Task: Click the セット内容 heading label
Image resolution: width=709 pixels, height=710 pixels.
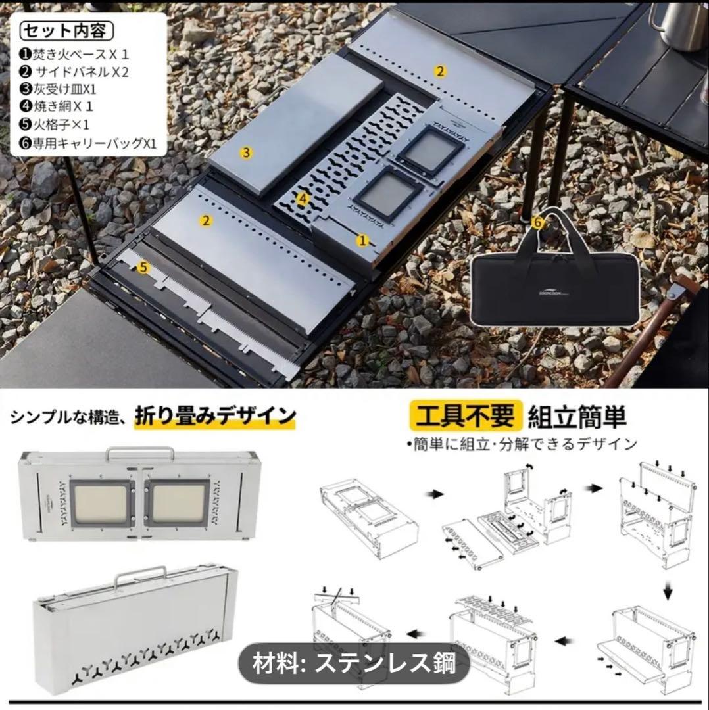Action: (66, 30)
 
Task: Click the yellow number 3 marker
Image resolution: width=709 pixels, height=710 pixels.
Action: (246, 153)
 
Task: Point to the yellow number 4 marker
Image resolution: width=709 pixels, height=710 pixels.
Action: (303, 197)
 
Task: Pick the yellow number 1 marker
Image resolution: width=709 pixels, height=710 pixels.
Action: (362, 241)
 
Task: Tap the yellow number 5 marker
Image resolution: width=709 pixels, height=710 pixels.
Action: (144, 266)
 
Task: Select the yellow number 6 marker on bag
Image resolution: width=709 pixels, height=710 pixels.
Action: (538, 222)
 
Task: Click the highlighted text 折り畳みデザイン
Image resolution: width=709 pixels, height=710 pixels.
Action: (215, 415)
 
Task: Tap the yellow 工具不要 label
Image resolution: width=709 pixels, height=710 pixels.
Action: (464, 416)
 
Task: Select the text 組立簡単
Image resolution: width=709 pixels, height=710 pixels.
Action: (576, 416)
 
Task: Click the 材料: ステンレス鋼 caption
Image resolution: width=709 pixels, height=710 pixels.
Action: (354, 662)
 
